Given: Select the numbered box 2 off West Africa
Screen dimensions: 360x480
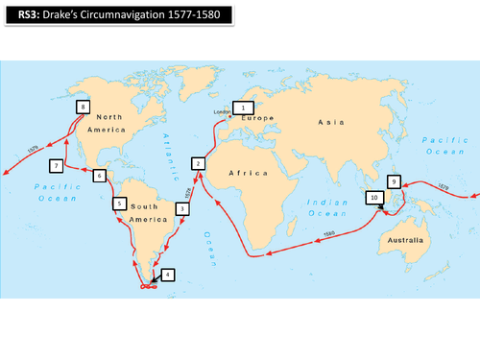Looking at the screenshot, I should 198,164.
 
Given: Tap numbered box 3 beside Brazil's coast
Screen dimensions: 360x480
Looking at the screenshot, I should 182,207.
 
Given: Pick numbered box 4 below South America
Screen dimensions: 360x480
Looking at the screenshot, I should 168,275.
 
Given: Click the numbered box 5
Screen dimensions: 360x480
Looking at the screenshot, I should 119,204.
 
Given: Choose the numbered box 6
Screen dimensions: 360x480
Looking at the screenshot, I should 99,176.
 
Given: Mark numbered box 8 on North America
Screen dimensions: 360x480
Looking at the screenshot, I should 84,107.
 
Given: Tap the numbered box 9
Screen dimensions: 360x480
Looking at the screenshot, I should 394,181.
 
